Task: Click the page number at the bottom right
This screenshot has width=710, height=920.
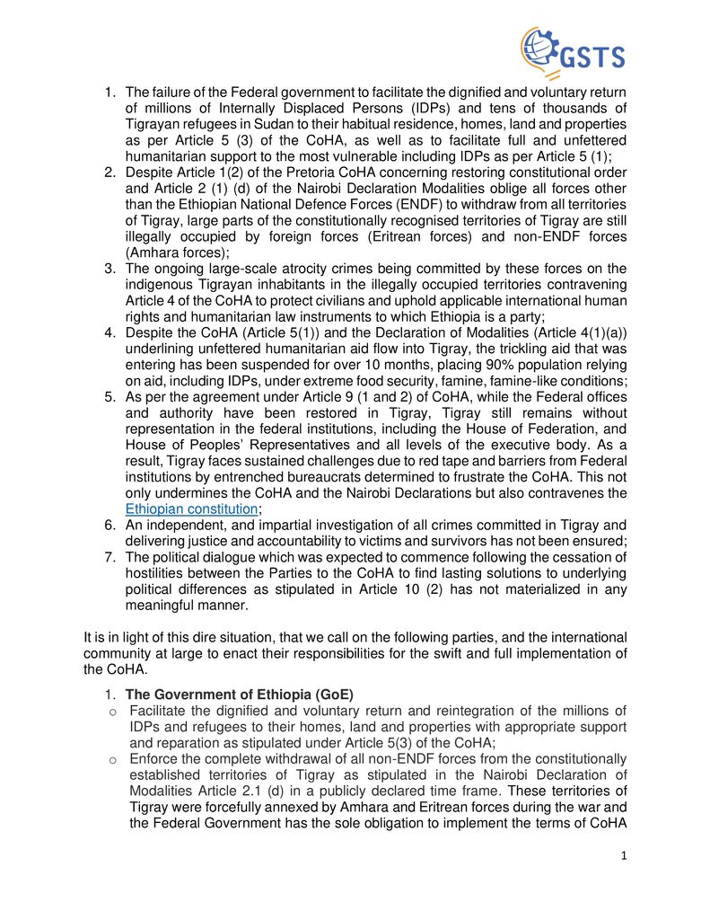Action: point(624,855)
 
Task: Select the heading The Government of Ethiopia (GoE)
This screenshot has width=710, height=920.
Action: point(240,694)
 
